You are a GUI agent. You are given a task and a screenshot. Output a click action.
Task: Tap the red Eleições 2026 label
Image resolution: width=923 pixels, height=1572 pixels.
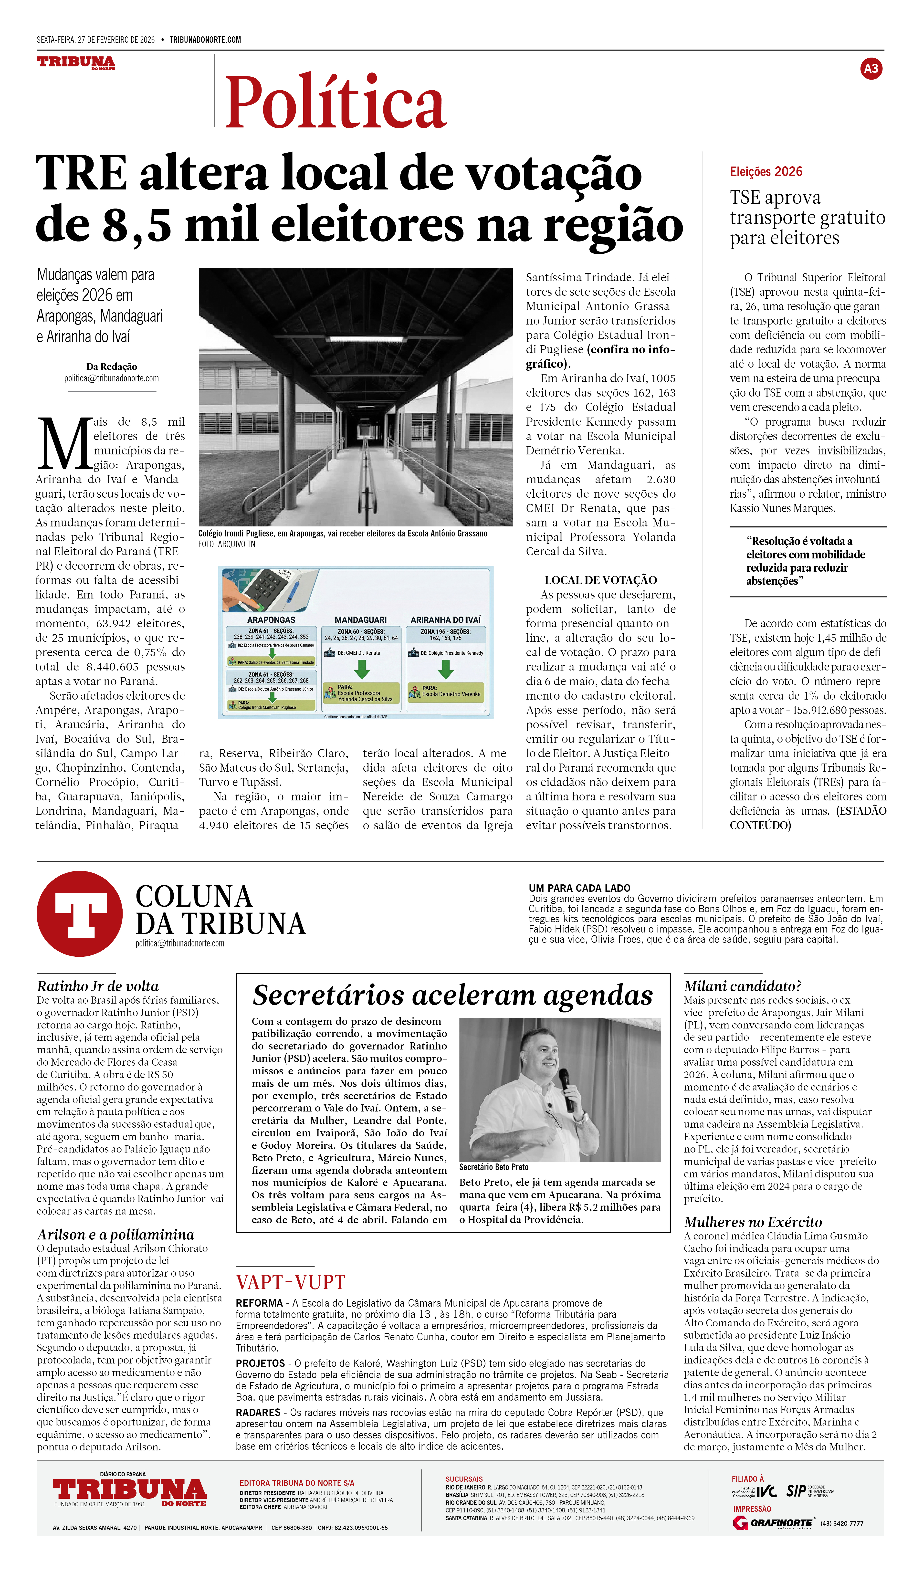(766, 172)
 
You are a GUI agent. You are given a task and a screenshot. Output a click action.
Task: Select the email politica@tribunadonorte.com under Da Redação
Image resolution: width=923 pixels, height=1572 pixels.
(111, 378)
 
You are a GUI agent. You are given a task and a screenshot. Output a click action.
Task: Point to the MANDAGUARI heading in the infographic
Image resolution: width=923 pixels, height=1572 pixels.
(360, 619)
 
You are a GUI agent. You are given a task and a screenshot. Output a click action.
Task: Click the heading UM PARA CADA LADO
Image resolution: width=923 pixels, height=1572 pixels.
(579, 888)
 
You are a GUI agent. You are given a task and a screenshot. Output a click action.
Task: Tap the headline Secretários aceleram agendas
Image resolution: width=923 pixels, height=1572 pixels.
(452, 996)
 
